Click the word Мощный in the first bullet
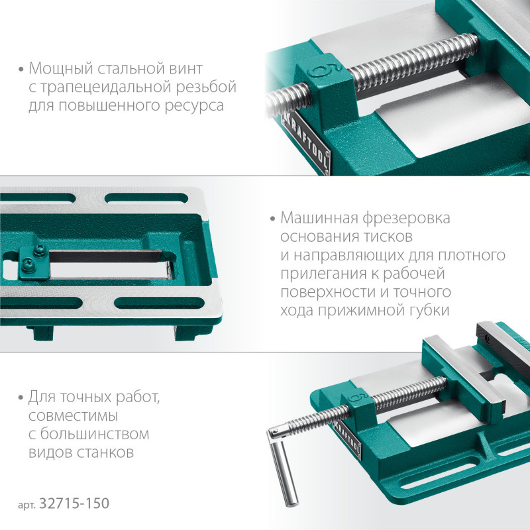click(61, 69)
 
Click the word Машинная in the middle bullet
click(319, 218)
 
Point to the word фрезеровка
click(407, 219)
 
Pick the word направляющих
click(349, 256)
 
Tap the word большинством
click(95, 434)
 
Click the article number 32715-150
click(74, 503)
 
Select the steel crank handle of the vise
click(284, 466)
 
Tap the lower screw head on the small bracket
click(26, 265)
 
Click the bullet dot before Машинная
click(273, 219)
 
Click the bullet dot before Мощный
click(21, 70)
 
